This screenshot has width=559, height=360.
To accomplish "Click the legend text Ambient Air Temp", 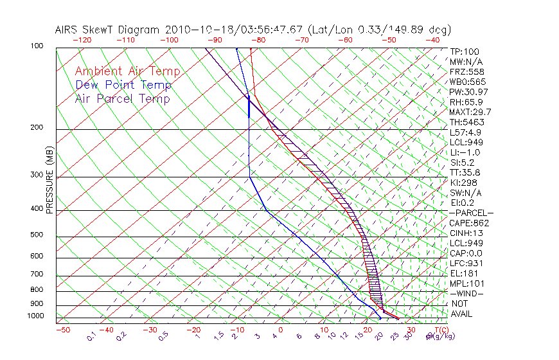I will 127,71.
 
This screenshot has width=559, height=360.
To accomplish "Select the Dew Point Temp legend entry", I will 123,85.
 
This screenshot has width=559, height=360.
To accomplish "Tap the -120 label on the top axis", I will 82,40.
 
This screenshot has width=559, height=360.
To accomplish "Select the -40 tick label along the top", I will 433,40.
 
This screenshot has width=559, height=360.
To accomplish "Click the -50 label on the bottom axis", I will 62,330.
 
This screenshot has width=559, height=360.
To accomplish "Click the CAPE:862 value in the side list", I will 469,223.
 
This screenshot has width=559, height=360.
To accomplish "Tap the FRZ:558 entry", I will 466,72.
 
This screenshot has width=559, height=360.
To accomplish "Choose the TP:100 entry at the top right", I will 465,52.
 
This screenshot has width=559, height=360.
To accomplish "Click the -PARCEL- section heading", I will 472,213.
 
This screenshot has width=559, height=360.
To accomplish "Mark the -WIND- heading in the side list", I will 467,293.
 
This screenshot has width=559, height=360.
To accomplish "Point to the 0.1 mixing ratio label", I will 91,336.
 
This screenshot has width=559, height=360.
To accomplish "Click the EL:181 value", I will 465,273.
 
